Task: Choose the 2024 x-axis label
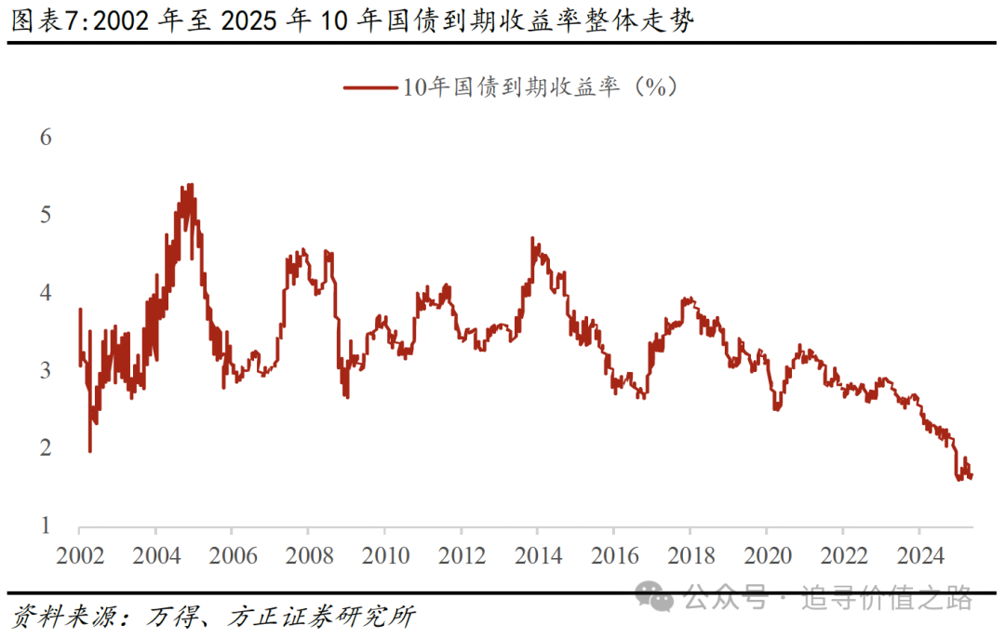(x=918, y=556)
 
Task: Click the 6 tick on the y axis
(x=45, y=138)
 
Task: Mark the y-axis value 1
(x=45, y=526)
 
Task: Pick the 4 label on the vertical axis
(x=45, y=293)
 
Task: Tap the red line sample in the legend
(x=370, y=88)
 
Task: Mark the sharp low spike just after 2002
(x=90, y=451)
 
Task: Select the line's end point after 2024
(x=971, y=477)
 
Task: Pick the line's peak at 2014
(x=533, y=238)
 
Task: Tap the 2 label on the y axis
(x=45, y=448)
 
